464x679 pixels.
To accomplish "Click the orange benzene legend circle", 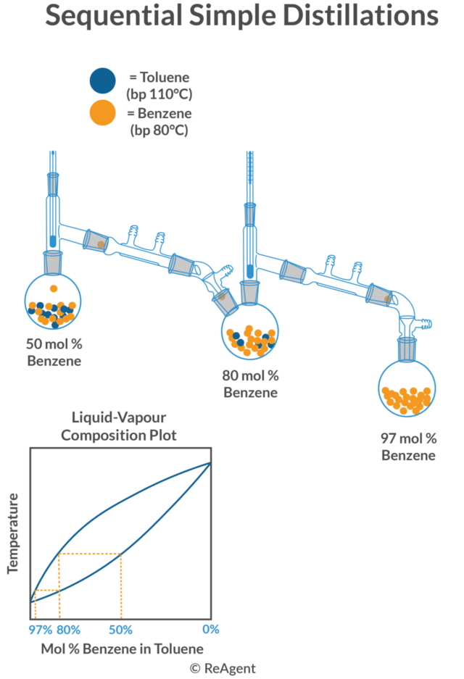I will (x=101, y=113).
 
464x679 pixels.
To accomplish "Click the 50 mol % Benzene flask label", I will (x=54, y=353).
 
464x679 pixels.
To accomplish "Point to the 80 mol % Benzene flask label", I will (x=250, y=385).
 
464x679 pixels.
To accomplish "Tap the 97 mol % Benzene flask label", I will (x=409, y=447).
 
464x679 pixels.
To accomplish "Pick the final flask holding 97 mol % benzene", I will (x=407, y=389).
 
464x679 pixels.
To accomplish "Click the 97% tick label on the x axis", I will (x=41, y=629).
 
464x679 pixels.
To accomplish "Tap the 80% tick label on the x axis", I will (x=68, y=629).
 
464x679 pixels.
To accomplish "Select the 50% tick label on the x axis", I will (x=120, y=629).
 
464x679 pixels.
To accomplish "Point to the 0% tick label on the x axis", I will (x=211, y=629).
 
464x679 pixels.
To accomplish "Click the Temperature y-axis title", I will (x=13, y=533).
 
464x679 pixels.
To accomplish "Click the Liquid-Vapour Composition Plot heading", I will (x=119, y=427).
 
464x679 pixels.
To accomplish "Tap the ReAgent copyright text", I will (x=223, y=668).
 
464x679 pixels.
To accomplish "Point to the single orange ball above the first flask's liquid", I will (x=53, y=289).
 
